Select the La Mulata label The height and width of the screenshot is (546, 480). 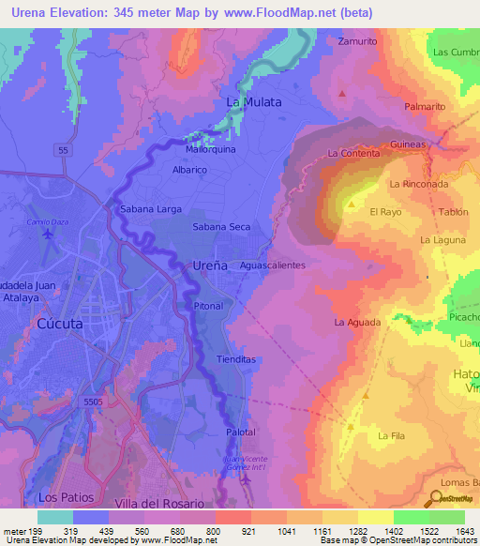254,102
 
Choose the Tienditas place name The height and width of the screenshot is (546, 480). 235,359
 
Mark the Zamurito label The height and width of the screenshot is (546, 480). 358,42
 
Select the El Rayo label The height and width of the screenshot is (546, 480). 386,212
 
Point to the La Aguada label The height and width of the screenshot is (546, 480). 357,322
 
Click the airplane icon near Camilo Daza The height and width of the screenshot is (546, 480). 48,234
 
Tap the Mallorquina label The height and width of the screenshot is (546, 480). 210,148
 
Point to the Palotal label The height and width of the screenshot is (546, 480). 241,432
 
